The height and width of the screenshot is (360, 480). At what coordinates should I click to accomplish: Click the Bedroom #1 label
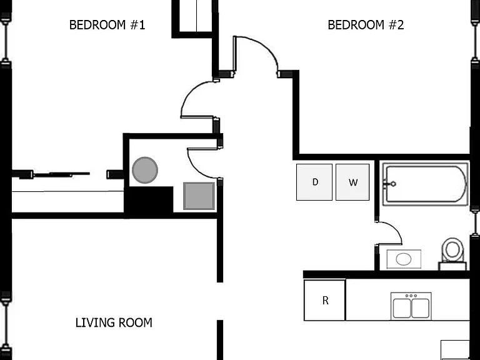tap(107, 25)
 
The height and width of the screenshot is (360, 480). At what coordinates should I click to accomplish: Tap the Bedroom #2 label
tap(366, 25)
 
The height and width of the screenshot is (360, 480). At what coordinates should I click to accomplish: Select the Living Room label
tap(114, 322)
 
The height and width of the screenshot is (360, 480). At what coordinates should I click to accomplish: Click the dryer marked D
tap(314, 182)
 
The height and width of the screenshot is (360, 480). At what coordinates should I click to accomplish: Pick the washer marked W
tap(352, 182)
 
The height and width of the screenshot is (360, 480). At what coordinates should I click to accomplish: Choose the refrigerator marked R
tap(325, 300)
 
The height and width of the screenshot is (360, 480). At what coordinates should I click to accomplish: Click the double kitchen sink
tap(411, 306)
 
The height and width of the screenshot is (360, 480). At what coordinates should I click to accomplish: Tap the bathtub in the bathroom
tap(425, 184)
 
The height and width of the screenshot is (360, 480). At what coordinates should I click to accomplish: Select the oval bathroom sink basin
tap(404, 259)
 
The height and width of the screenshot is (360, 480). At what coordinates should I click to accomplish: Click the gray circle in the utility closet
tap(145, 170)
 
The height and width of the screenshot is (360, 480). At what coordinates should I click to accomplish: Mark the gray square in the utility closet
tap(199, 196)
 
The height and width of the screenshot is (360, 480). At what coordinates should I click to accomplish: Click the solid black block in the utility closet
tap(149, 201)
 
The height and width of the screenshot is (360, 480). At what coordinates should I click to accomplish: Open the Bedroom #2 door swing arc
tap(265, 46)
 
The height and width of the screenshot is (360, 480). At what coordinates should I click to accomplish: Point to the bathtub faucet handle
tap(390, 184)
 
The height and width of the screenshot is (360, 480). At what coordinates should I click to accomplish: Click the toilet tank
tap(452, 266)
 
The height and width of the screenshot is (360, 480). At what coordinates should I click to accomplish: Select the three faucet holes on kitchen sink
tap(411, 296)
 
